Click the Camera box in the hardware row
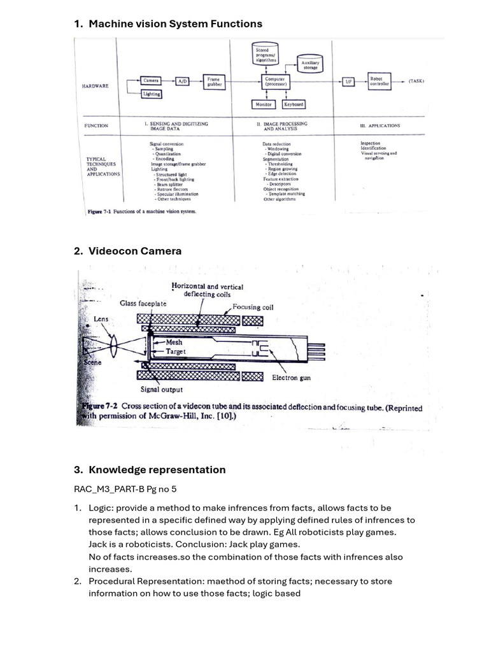[151, 81]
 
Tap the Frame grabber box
[213, 81]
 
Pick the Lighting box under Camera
[152, 94]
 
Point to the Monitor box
[263, 104]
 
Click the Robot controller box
[379, 81]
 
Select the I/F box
[348, 81]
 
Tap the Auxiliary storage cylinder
[310, 64]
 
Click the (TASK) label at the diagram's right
[416, 81]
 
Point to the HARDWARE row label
[96, 86]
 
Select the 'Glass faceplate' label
[143, 304]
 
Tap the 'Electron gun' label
[291, 378]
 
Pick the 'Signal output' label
[161, 389]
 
